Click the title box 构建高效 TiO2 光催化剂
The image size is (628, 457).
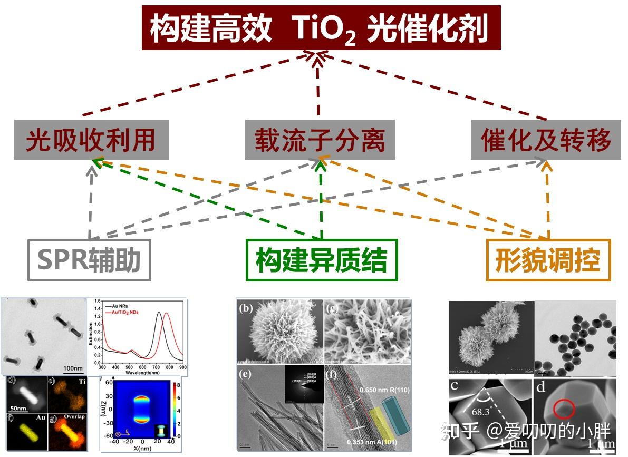click(x=321, y=27)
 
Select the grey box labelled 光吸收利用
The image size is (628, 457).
click(x=91, y=140)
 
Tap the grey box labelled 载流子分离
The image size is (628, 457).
click(x=320, y=140)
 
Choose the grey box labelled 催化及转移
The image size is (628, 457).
click(x=546, y=140)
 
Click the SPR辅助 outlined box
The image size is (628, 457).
click(x=89, y=260)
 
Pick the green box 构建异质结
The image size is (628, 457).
click(x=322, y=260)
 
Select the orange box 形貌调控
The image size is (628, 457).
click(x=548, y=260)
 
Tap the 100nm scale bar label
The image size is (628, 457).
click(x=72, y=367)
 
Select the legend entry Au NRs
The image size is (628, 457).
click(x=121, y=306)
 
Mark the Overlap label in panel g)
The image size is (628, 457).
click(x=74, y=416)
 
